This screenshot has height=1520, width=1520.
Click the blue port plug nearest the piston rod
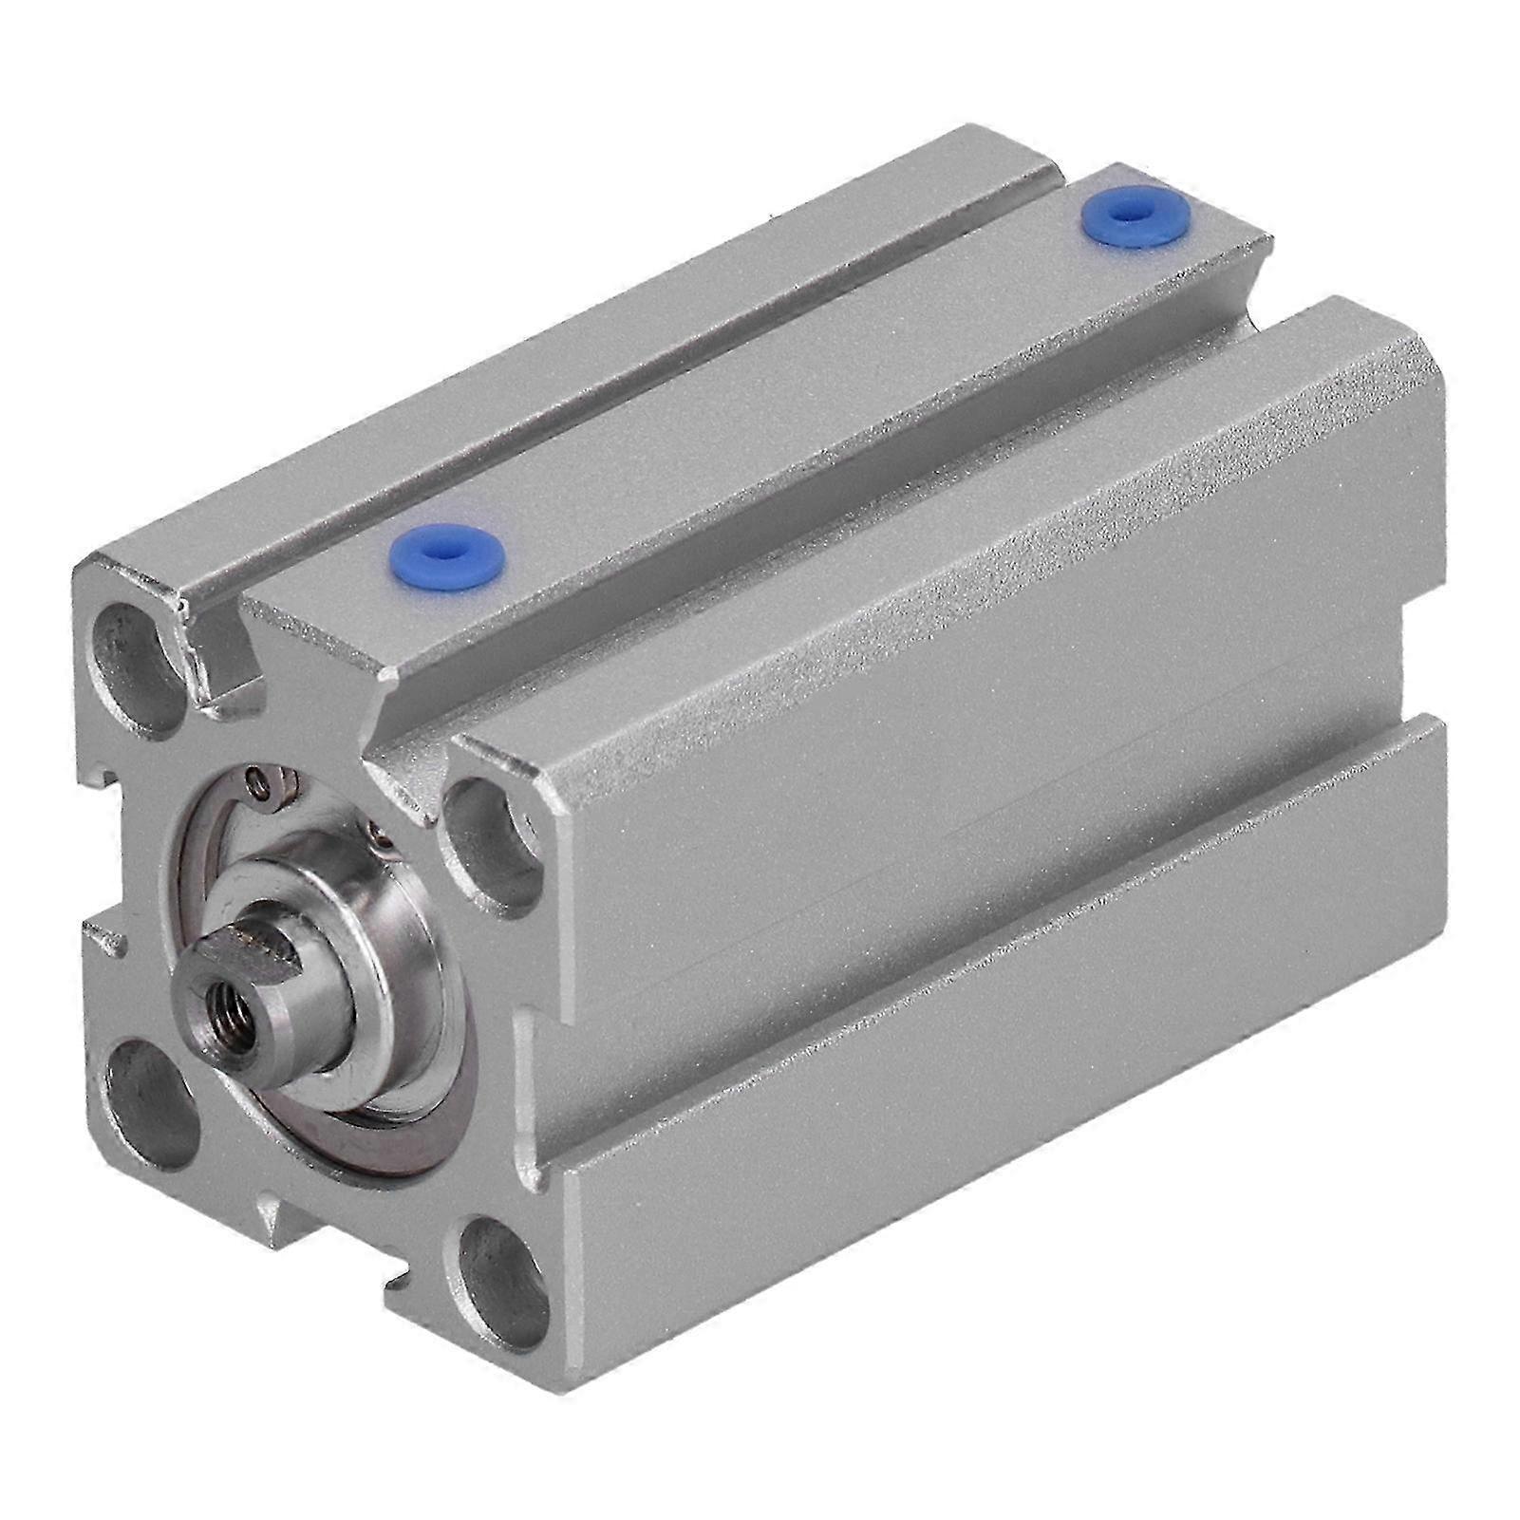pyautogui.click(x=447, y=552)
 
